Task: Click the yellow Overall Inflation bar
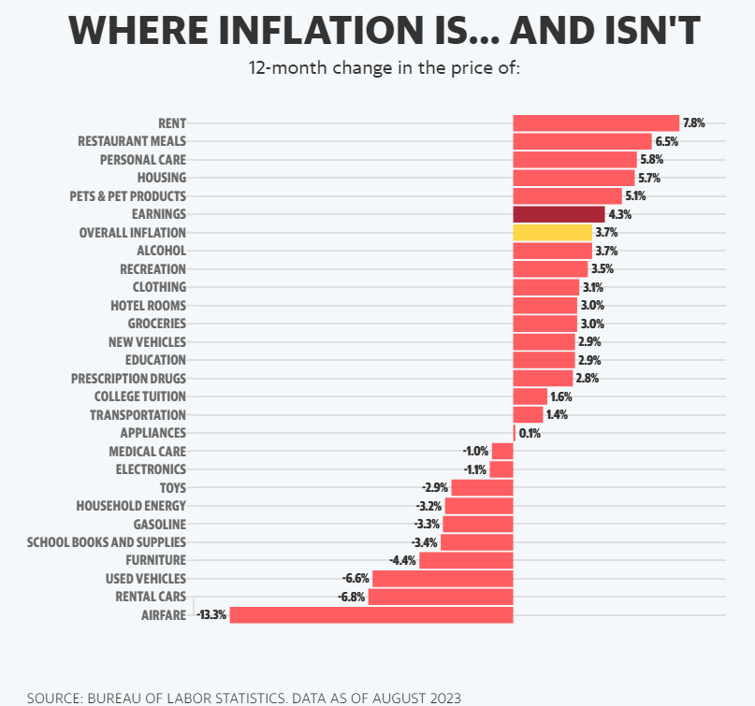pos(552,232)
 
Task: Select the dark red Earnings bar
pos(559,214)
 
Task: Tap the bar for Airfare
pos(371,614)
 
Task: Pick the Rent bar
pos(596,122)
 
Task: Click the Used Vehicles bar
pos(443,578)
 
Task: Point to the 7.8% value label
pos(693,122)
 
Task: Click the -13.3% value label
pos(211,614)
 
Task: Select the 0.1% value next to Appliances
pos(530,433)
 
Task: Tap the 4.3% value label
pos(619,214)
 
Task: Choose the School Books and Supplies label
pos(107,541)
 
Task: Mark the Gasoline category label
pos(160,524)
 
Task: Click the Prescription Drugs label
pos(128,378)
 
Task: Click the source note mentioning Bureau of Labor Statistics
pos(244,698)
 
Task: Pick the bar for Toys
pos(483,487)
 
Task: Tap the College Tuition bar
pos(530,396)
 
